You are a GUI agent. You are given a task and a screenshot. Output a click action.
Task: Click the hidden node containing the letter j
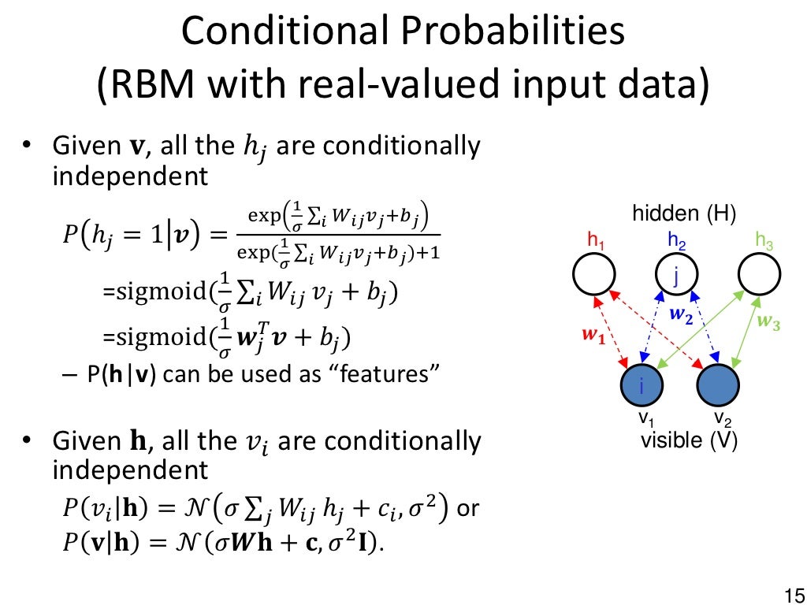[677, 274]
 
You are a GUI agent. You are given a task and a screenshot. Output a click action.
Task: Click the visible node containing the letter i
[642, 385]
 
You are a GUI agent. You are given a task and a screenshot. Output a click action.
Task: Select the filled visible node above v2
[718, 385]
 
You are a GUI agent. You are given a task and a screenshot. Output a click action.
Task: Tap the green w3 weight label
[768, 322]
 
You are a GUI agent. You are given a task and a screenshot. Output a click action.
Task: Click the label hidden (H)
[683, 213]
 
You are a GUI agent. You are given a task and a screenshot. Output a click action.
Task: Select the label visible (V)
[689, 440]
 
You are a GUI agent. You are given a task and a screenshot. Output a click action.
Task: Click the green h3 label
[764, 240]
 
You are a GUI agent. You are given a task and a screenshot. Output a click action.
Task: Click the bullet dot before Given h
[27, 440]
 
